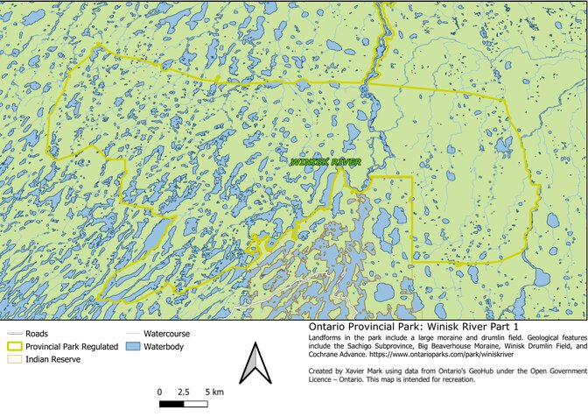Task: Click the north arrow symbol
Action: pyautogui.click(x=253, y=364)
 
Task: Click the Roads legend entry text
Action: pyautogui.click(x=38, y=334)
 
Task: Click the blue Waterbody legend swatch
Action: pyautogui.click(x=131, y=347)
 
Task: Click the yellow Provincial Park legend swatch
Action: pyautogui.click(x=13, y=347)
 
